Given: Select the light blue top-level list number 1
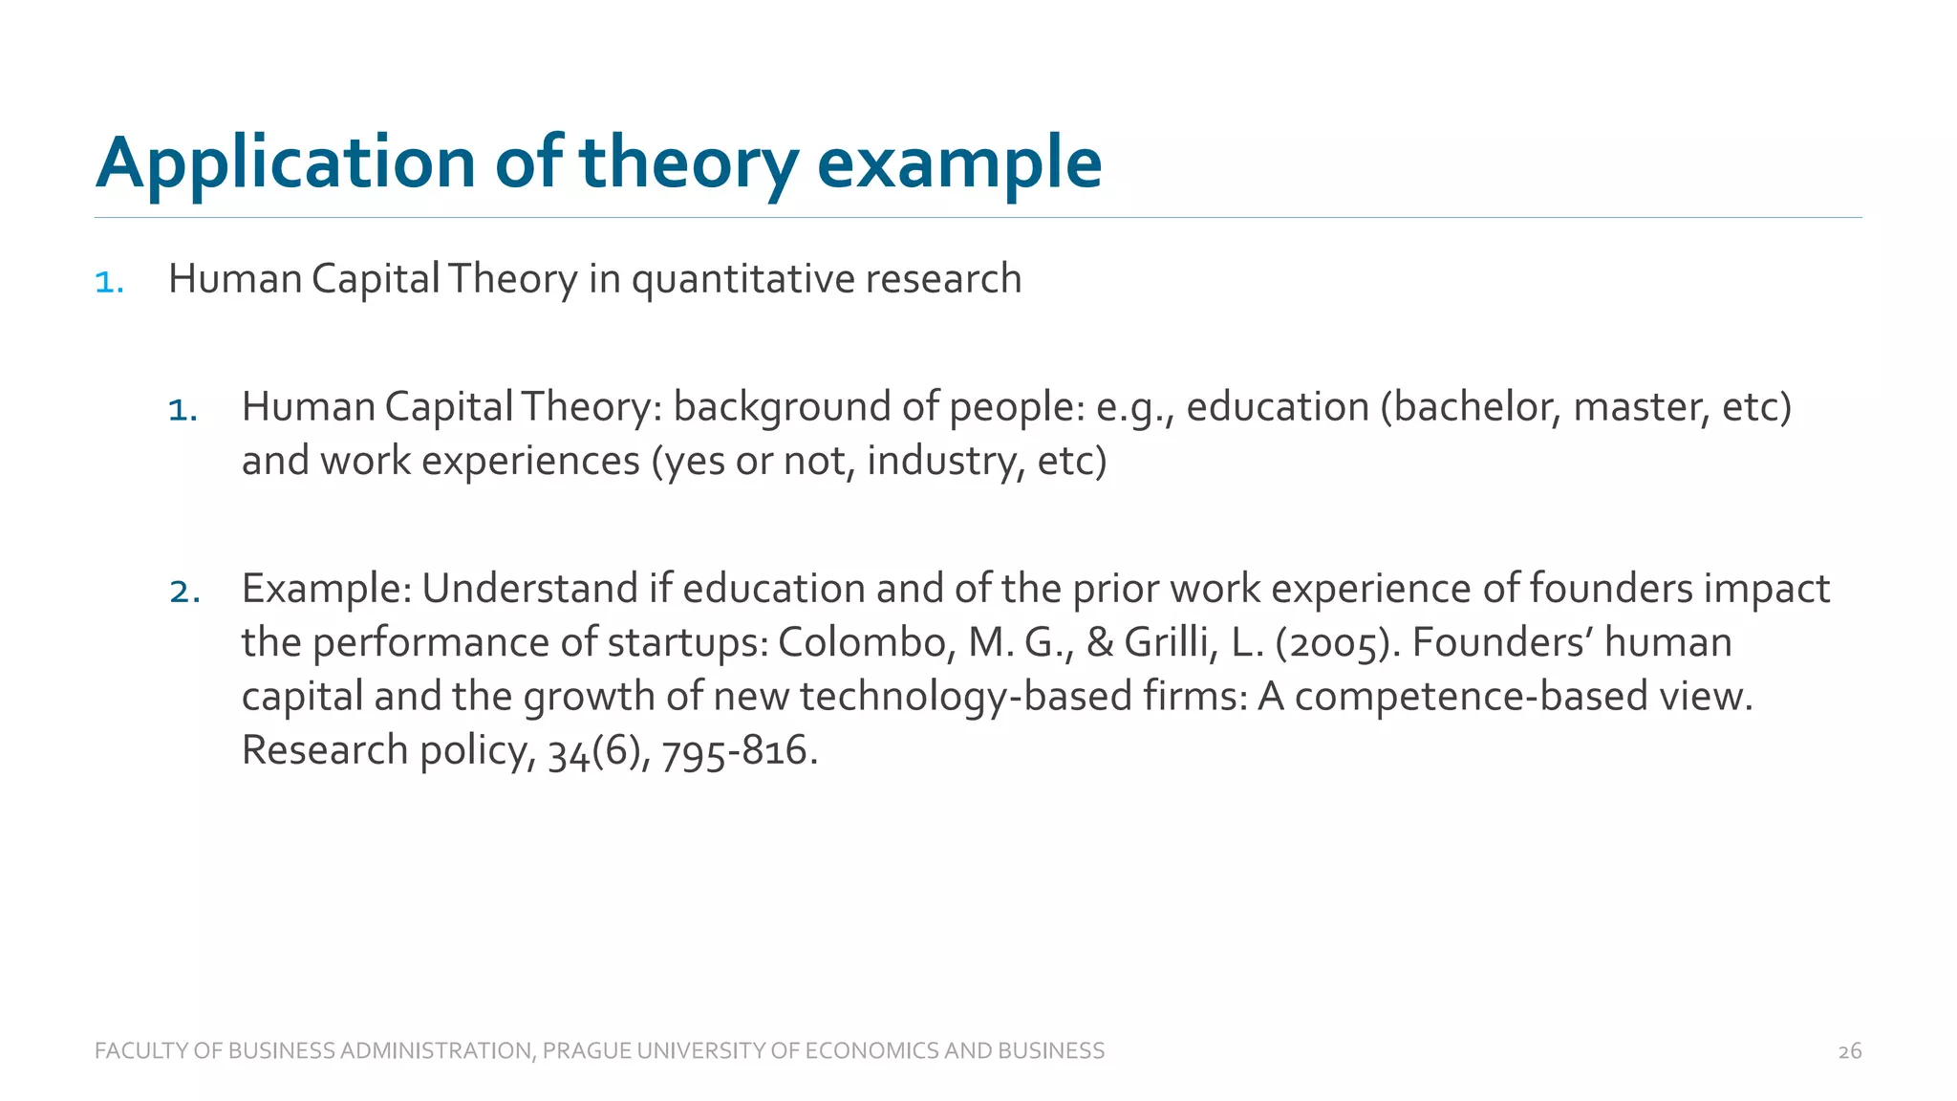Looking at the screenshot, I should click(x=109, y=282).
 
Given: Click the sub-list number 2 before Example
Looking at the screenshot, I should click(x=183, y=592).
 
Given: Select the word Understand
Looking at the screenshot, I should click(x=529, y=589).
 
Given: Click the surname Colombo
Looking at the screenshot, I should click(x=866, y=642).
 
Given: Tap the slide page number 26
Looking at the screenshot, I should click(x=1849, y=1051).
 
